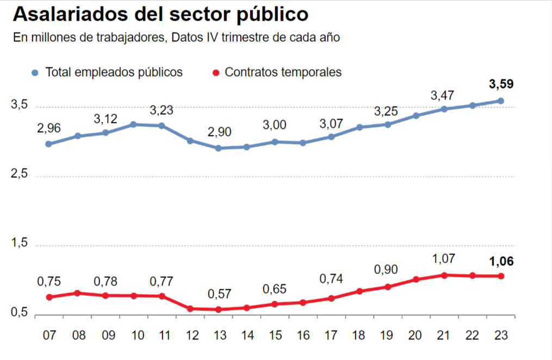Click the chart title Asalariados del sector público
pos(161,15)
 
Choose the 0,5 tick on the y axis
pos(20,314)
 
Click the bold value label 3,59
pos(501,84)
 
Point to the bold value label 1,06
pos(501,262)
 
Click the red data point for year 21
pos(444,275)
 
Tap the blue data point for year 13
pos(219,148)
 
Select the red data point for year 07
pos(49,297)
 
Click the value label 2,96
pos(49,129)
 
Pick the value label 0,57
pos(220,294)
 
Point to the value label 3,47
pos(443,96)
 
